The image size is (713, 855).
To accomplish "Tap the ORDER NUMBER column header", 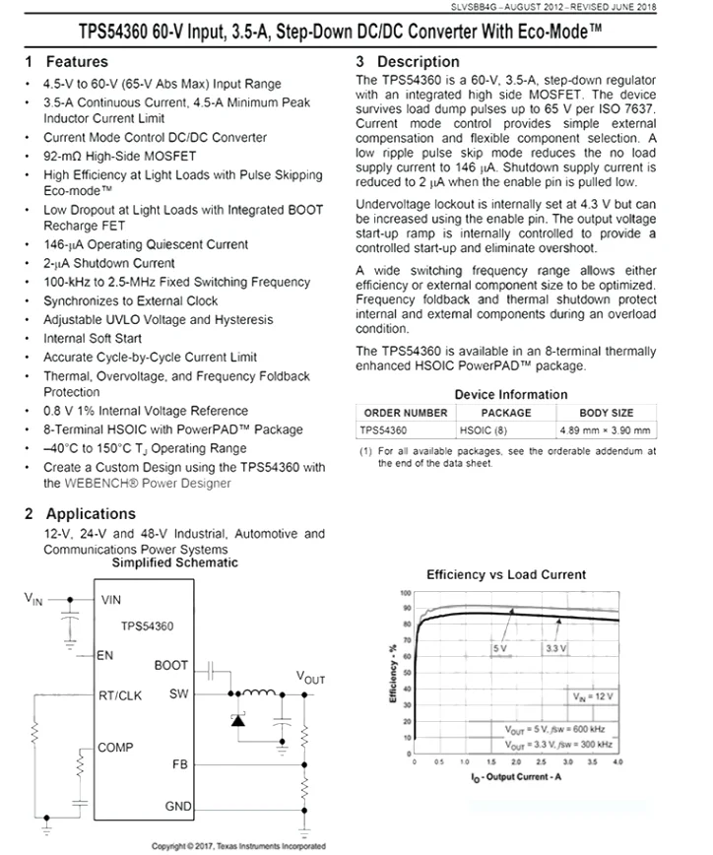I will pos(405,413).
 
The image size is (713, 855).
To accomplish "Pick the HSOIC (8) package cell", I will pos(483,430).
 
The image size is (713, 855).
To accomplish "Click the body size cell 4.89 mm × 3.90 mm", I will pos(606,430).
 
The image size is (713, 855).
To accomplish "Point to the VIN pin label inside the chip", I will pos(111,598).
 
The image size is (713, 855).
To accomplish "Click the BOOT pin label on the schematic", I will pos(170,666).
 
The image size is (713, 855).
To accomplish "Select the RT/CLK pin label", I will pos(121,694).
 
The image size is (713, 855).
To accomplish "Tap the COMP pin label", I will pos(115,749).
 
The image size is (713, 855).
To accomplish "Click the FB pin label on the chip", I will pos(180,763).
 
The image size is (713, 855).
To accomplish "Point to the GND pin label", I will pos(178,807).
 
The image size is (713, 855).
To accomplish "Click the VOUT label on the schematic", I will pos(310,678).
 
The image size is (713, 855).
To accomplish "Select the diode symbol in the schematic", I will pos(237,720).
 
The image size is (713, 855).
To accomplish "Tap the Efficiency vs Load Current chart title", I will pos(505,574).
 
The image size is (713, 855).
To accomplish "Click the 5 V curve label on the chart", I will pos(499,648).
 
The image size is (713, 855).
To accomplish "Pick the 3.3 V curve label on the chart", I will pos(554,648).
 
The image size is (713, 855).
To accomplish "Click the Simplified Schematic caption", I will pos(174,562).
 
